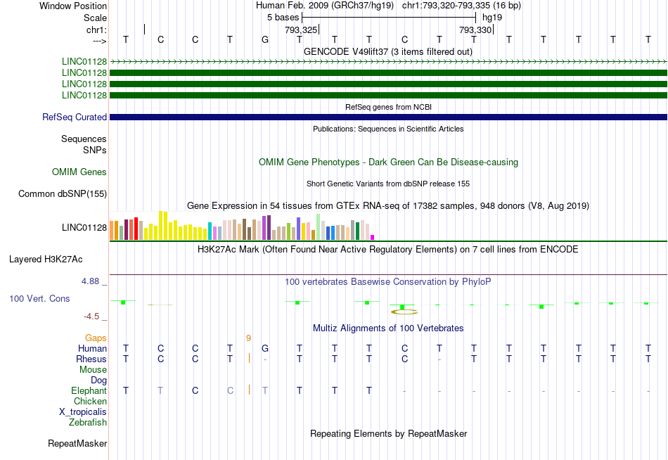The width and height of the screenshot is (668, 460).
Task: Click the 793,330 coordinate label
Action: [x=475, y=30]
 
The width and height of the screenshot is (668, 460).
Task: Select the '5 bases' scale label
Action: [x=283, y=17]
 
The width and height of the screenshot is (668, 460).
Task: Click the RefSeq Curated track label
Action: [x=75, y=117]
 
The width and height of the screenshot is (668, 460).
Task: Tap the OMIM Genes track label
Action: [x=79, y=172]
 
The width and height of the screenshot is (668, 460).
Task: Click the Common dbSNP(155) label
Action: [x=63, y=194]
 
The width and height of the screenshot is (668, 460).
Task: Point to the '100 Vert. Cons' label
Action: [x=39, y=299]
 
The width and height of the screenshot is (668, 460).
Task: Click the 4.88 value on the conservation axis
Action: [x=94, y=281]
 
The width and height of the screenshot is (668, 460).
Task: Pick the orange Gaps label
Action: [x=96, y=338]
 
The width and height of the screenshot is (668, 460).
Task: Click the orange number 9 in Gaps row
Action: [x=248, y=338]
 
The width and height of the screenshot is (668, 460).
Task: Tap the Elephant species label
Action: [x=89, y=391]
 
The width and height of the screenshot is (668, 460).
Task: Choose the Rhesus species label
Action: [x=91, y=359]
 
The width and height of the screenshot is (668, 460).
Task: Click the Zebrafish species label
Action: [x=88, y=423]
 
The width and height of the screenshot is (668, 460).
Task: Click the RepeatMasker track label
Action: [x=77, y=444]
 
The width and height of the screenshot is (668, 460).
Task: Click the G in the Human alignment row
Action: [x=265, y=349]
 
